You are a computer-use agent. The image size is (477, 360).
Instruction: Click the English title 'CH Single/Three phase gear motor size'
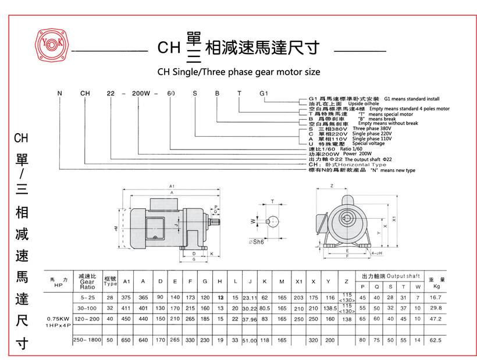coord(238,72)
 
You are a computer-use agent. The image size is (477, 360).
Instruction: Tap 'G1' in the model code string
coord(263,93)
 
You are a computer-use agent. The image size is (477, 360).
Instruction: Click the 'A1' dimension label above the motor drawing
coord(171,186)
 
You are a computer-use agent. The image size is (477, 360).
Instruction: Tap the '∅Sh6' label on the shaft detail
coord(257,242)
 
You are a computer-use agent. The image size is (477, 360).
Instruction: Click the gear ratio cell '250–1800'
coord(87,339)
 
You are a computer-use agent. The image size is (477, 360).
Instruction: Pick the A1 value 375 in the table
coord(126,297)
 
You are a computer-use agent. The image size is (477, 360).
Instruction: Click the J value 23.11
coord(250,298)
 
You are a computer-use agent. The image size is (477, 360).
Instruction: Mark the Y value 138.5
coord(330,308)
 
